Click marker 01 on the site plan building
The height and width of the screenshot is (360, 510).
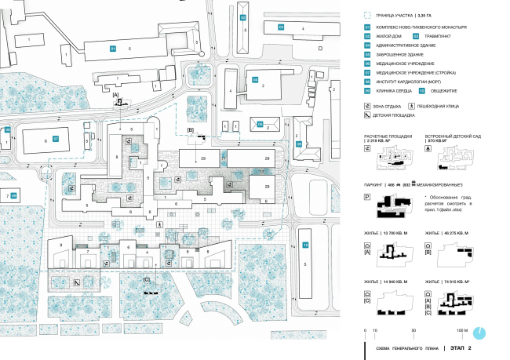pyautogui.click(x=112, y=49)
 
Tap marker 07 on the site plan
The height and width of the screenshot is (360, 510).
pyautogui.click(x=56, y=139)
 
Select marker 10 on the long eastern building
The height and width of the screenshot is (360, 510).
pyautogui.click(x=305, y=247)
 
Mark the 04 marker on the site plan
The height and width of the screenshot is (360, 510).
pyautogui.click(x=255, y=79)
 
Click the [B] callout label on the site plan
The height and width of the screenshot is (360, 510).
pyautogui.click(x=191, y=129)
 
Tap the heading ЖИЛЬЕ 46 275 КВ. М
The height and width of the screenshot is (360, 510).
pyautogui.click(x=450, y=233)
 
